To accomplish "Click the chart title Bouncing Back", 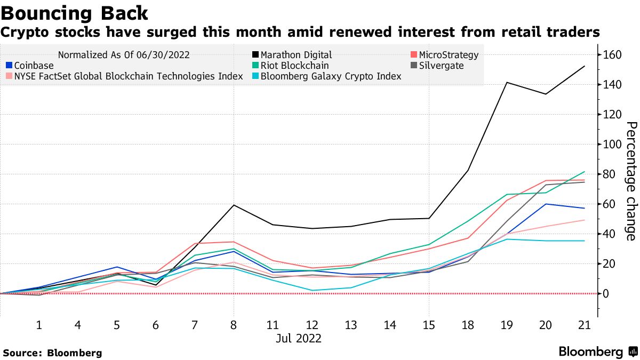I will click(x=75, y=12).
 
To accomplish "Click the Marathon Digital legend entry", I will click(x=296, y=55).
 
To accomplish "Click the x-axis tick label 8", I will click(x=234, y=324).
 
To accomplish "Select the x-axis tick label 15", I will click(x=428, y=324).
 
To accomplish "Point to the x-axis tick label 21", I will click(x=585, y=324).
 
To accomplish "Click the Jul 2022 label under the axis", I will click(x=299, y=338).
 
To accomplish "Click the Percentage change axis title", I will click(x=630, y=181).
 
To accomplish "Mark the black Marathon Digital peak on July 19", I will click(x=507, y=83).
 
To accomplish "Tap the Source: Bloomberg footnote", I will click(x=52, y=353).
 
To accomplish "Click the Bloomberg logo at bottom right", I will click(x=597, y=352).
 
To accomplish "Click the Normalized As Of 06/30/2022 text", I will click(x=124, y=55).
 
